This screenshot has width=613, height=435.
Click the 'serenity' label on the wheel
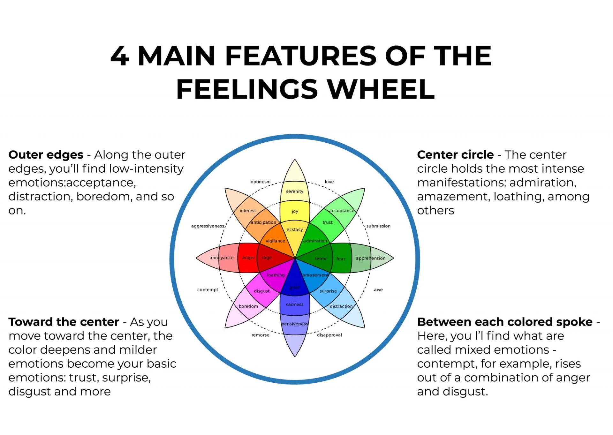pos(294,191)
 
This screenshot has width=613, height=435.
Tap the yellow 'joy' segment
pos(295,211)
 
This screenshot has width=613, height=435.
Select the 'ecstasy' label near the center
pos(294,229)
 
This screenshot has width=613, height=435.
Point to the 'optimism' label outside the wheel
pos(260,182)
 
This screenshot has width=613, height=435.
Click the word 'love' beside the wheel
pos(329,182)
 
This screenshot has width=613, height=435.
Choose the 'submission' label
pos(378,226)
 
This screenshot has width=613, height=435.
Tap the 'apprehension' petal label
pos(370,258)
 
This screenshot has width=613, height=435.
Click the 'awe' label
pos(378,290)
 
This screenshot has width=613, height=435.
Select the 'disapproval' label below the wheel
pos(329,335)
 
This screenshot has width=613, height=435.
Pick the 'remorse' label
pos(260,335)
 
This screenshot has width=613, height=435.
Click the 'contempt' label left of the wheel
pos(208,290)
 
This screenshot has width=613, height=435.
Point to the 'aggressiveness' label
pos(208,226)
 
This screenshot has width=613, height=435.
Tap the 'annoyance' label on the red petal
pos(221,258)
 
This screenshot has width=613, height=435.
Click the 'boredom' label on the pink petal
pos(248,306)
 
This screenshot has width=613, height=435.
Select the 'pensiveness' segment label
pos(294,324)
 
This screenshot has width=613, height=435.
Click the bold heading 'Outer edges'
pos(46,155)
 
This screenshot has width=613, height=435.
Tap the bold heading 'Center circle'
pos(455,155)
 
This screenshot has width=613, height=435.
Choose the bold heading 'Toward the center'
pos(64,322)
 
